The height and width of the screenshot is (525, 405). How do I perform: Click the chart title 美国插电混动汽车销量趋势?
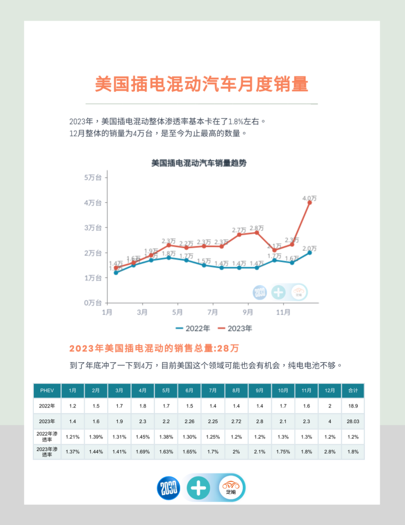coord(199,163)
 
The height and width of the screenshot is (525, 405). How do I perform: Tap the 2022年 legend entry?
coord(193,328)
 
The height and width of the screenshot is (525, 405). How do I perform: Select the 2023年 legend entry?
coord(235,328)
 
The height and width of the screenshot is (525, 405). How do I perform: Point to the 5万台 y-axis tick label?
coord(93,177)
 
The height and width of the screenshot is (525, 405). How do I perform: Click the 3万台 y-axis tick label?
coord(93,228)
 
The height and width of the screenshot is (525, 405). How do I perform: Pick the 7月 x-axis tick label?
coord(213,312)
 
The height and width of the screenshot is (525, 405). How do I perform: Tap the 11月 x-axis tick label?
coord(283,312)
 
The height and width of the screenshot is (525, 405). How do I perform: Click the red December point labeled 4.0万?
coord(310,203)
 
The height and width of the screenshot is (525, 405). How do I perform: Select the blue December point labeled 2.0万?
coord(310,253)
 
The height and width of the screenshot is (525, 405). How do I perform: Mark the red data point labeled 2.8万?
coord(256,233)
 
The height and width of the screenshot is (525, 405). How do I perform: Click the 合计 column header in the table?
coord(353,390)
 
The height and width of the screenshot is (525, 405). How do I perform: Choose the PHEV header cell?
coord(47,390)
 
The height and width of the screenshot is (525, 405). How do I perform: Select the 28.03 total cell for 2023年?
coord(353,421)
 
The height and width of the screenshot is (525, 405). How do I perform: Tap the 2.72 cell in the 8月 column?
coord(236,421)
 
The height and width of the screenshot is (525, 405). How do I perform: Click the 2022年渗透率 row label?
coord(47,436)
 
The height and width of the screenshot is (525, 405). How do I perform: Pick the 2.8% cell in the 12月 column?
coord(330,452)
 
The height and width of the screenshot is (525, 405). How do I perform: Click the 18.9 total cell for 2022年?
coord(353,406)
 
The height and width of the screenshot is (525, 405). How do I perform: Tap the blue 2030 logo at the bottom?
coord(169,488)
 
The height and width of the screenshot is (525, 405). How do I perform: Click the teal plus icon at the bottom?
coord(198,488)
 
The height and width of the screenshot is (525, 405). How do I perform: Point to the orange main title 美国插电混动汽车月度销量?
coord(202,84)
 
